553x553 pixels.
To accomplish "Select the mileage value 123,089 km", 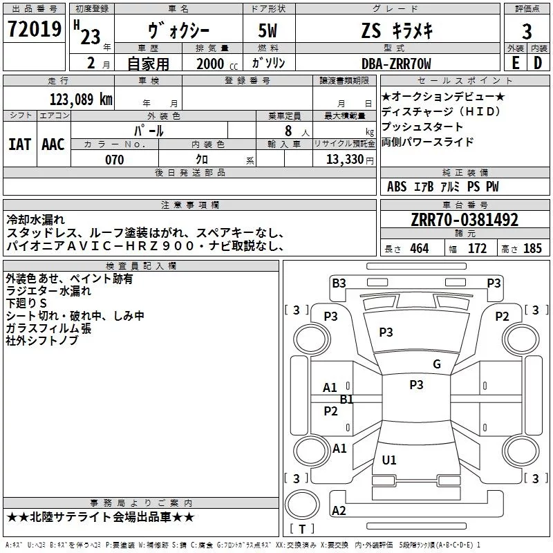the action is (x=80, y=99).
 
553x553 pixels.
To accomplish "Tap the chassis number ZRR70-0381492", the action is (x=465, y=220).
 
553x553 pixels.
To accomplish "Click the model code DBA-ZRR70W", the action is (x=396, y=64).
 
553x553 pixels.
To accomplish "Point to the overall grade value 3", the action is (x=527, y=32).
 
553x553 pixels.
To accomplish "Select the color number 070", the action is (x=114, y=160).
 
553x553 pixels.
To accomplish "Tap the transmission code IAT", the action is (x=19, y=144).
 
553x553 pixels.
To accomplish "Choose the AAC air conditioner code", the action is (x=53, y=144).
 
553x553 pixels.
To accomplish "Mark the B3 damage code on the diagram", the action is (x=339, y=283).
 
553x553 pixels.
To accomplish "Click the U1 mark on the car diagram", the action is (x=389, y=460).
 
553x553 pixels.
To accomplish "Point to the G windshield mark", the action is (x=436, y=364).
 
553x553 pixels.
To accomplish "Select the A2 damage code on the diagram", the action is (x=339, y=511).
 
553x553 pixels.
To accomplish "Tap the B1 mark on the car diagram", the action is (x=347, y=399).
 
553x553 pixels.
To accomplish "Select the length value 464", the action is (x=419, y=249).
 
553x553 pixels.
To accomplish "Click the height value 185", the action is (x=532, y=249).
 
